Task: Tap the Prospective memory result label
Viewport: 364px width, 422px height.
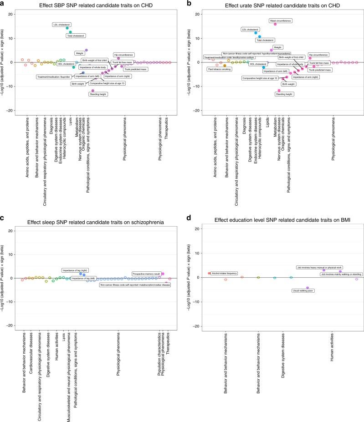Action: pyautogui.click(x=146, y=274)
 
